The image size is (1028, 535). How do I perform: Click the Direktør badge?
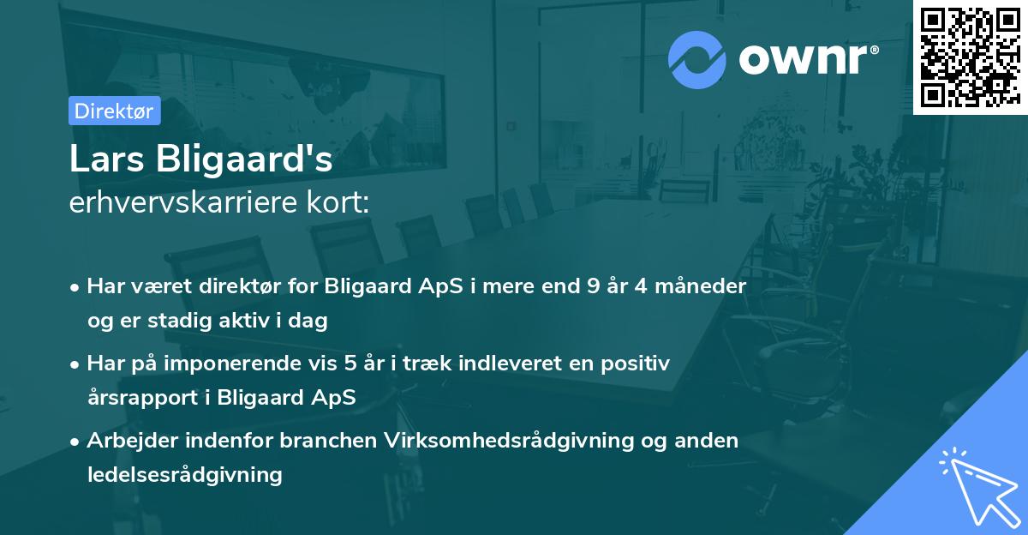pyautogui.click(x=114, y=111)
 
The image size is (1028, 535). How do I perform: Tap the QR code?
pyautogui.click(x=970, y=57)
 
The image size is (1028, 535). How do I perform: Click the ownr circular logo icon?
pyautogui.click(x=697, y=59)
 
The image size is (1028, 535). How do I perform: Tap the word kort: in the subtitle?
pyautogui.click(x=341, y=202)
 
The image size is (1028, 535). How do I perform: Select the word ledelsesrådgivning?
pyautogui.click(x=184, y=475)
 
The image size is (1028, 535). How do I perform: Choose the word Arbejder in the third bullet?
pyautogui.click(x=129, y=440)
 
